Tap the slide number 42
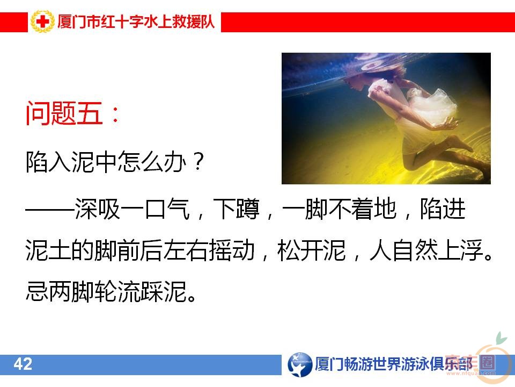23,364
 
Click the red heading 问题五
64,114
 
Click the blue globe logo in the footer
299,364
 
